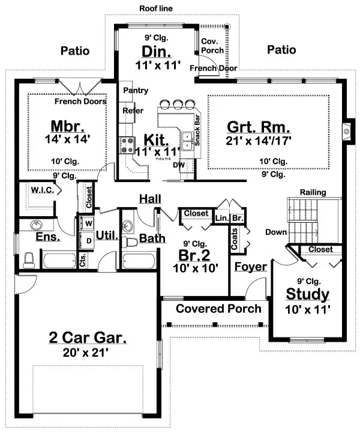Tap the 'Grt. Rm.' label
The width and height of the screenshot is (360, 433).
[259, 127]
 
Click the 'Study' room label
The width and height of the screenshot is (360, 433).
[307, 294]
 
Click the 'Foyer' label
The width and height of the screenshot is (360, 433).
[250, 267]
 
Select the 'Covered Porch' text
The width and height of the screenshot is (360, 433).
[218, 309]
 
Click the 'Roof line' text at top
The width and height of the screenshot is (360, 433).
[157, 8]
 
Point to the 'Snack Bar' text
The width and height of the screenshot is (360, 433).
[197, 127]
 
